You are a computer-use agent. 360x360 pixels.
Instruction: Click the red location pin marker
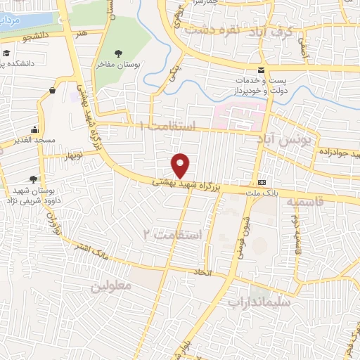click(x=181, y=166)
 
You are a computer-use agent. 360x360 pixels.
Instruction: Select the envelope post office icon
click(x=262, y=70)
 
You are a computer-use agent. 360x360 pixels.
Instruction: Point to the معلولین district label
click(x=111, y=287)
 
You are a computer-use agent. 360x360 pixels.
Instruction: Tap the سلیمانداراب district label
click(x=259, y=301)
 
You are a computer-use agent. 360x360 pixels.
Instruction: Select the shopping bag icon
click(x=53, y=90)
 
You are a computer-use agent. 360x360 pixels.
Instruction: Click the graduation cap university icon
click(x=6, y=53)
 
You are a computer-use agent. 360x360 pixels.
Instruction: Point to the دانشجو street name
click(x=37, y=34)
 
